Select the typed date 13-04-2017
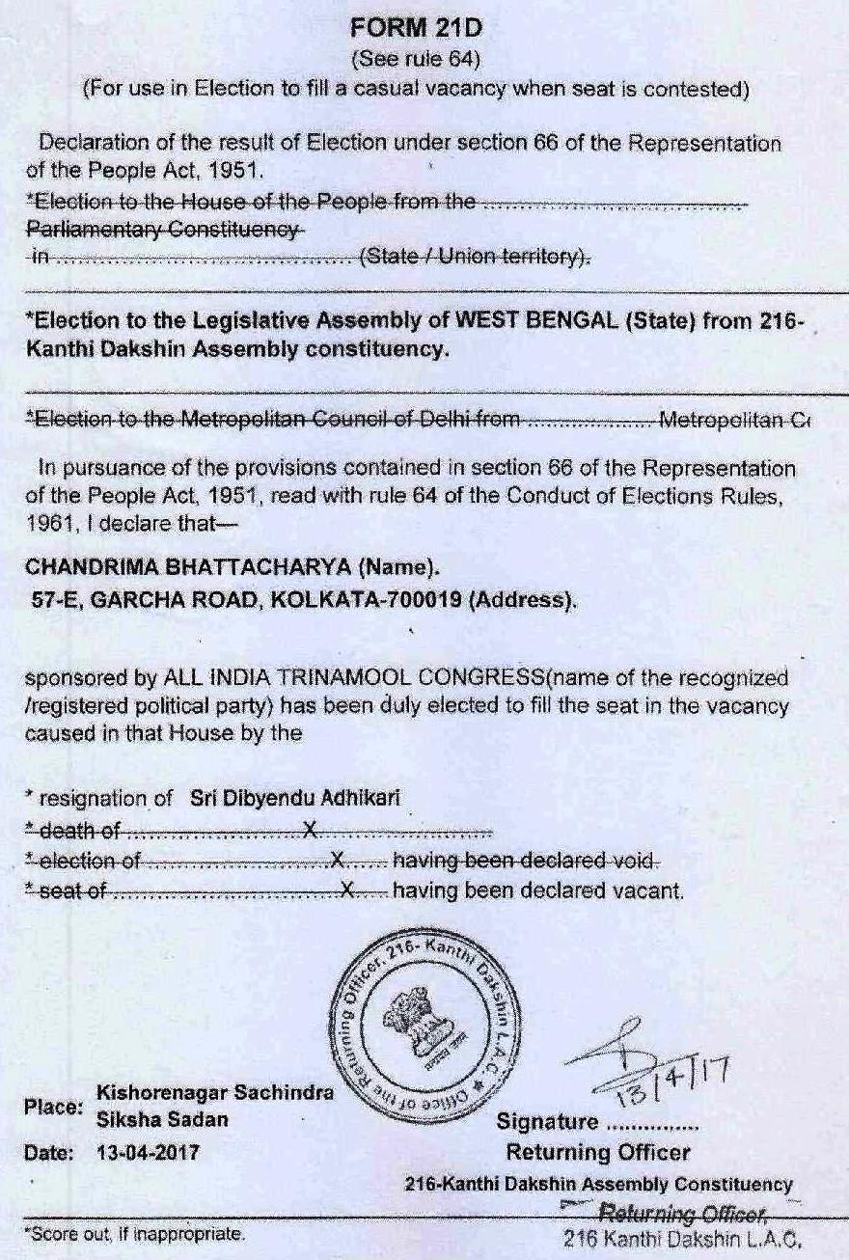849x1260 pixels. (149, 1152)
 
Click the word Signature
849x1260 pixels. (546, 1122)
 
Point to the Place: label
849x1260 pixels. (53, 1108)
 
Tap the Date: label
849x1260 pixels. (50, 1152)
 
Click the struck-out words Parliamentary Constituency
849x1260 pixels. (162, 231)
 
